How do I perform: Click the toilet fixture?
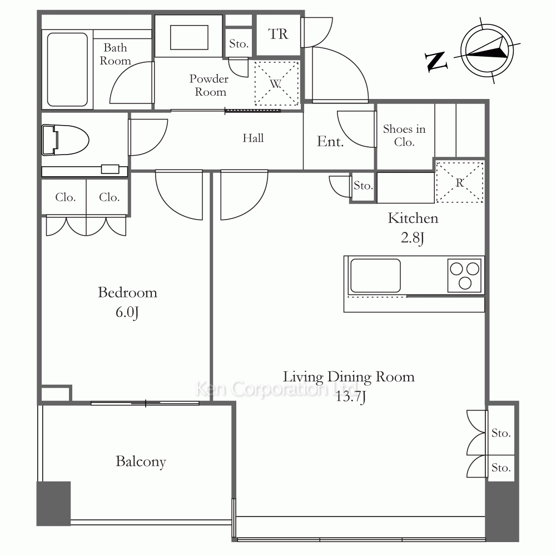point(65,140)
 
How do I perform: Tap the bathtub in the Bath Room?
point(67,69)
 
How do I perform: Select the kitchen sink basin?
point(375,275)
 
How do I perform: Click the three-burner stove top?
point(464,275)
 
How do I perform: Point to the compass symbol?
point(487,51)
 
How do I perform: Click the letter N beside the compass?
point(435,61)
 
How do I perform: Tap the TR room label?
point(278,34)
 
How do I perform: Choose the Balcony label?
point(141,461)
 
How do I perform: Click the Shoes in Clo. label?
point(404,135)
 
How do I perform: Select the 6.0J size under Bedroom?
point(127,312)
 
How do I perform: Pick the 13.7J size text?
point(350,396)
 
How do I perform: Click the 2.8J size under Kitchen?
point(413,237)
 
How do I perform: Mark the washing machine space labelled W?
point(276,84)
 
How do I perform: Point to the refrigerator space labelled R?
point(460,182)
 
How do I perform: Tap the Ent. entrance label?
point(330,141)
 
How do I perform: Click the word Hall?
point(253,137)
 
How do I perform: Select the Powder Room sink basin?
point(189,37)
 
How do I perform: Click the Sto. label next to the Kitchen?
point(363,186)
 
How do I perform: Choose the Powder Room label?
point(209,85)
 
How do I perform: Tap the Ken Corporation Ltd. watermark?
point(276,389)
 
